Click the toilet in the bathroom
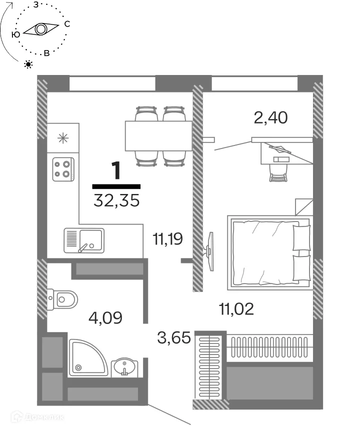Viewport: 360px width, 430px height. coord(62,299)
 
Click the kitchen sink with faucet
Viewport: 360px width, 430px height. coord(84,240)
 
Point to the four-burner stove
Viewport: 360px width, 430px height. coord(63,169)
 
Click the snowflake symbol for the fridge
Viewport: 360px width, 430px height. coord(63,138)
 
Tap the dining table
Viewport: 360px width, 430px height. coord(158,135)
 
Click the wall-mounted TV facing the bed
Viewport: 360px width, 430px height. coord(209,251)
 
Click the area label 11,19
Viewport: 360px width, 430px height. coord(167,238)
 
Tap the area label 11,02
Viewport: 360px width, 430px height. coord(236,309)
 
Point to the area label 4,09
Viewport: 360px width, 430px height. coord(105,318)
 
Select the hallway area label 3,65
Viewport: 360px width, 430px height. coord(174,337)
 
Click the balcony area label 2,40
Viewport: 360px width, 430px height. coord(270,117)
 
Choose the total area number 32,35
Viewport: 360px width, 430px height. coord(116,200)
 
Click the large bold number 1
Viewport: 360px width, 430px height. coord(116,170)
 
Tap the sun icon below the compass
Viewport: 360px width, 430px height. coord(28,64)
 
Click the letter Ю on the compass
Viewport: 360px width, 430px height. coord(16,34)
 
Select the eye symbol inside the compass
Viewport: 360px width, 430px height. coord(41,29)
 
